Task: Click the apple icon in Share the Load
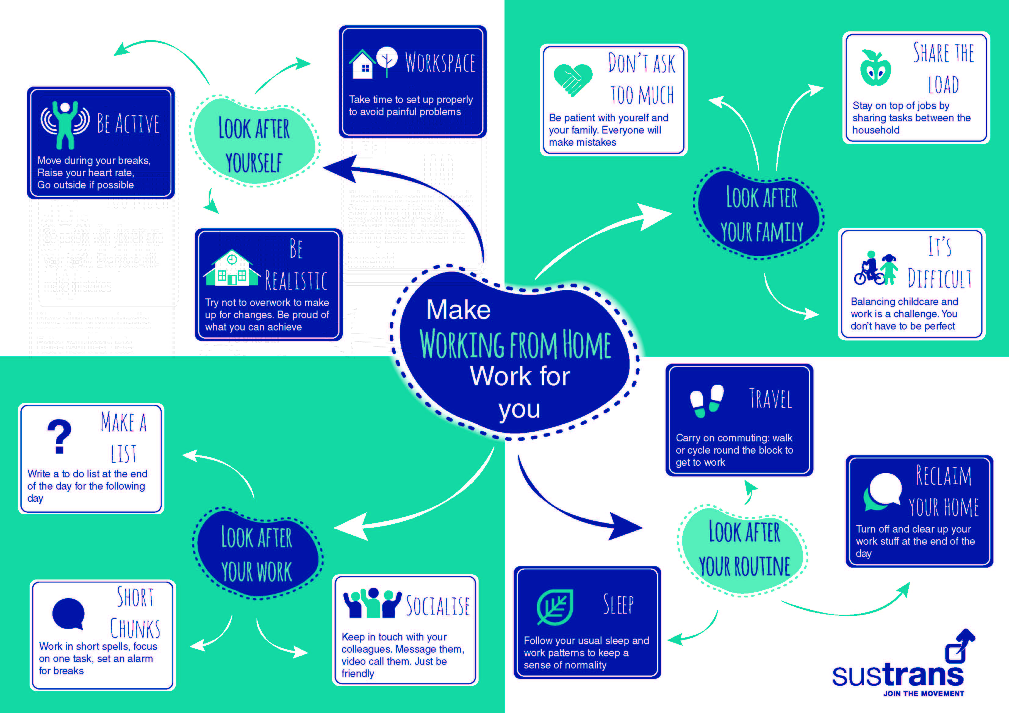point(875,69)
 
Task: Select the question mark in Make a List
point(59,436)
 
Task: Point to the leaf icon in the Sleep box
point(555,607)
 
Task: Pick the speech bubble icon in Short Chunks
point(68,614)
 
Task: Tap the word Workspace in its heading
point(440,63)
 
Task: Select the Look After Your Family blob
point(760,214)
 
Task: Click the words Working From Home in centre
point(515,345)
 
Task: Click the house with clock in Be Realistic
point(231,269)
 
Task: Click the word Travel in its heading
point(770,399)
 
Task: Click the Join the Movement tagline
point(923,694)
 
